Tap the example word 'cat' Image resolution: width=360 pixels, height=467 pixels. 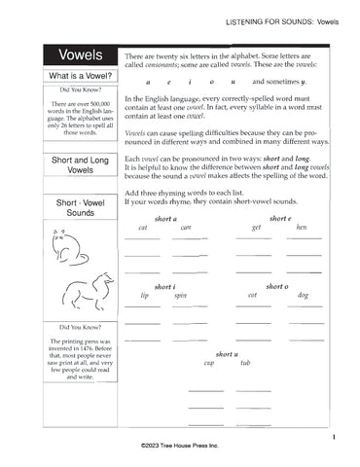click(143, 228)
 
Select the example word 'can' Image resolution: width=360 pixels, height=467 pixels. click(186, 228)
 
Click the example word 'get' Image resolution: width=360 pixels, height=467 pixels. click(256, 228)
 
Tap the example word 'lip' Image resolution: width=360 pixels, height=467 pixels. click(144, 295)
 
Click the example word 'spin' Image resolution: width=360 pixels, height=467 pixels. click(180, 296)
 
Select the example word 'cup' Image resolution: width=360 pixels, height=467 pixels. click(208, 363)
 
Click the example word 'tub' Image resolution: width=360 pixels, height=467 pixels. click(245, 363)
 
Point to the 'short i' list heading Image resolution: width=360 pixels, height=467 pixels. click(163, 286)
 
